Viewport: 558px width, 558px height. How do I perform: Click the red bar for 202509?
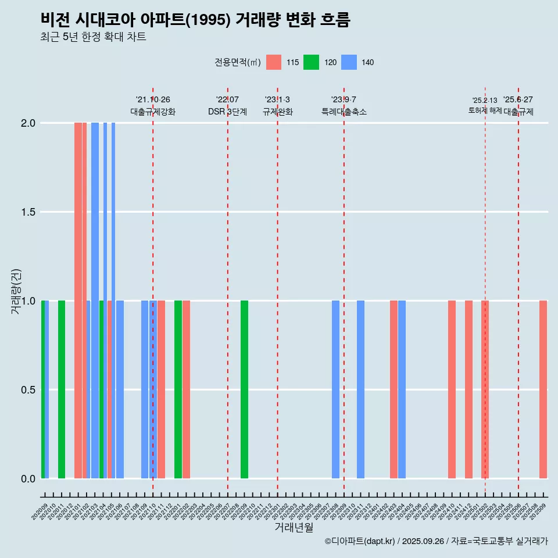543,389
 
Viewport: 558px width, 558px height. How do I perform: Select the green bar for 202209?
244,389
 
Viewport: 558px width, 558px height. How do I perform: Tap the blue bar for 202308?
335,389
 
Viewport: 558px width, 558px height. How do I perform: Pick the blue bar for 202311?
360,389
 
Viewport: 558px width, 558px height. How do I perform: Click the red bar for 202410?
452,389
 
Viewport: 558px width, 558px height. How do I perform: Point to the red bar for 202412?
468,389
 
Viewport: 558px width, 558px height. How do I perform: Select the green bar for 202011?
62,389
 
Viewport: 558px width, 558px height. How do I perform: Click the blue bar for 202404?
402,389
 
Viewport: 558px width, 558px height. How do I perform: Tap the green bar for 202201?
178,389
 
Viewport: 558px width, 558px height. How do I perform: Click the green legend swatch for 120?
311,62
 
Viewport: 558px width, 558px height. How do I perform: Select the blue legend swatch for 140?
348,62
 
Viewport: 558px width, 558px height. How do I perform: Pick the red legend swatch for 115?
274,62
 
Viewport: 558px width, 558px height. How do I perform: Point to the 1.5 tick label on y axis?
27,212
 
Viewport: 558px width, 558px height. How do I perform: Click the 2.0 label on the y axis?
27,123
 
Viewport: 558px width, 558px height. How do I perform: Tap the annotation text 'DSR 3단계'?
227,112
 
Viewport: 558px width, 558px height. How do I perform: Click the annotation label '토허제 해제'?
485,110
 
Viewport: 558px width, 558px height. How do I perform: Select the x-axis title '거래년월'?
294,528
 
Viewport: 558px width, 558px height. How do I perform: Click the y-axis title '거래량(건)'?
16,291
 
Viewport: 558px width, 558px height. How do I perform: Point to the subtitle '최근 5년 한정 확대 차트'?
93,37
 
